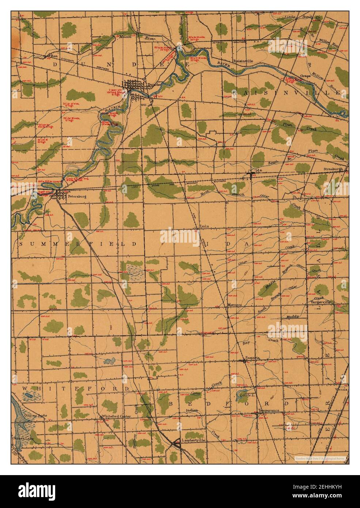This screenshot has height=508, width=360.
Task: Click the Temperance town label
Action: tap(269, 410)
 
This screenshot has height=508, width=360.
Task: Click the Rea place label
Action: tap(55, 56)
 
